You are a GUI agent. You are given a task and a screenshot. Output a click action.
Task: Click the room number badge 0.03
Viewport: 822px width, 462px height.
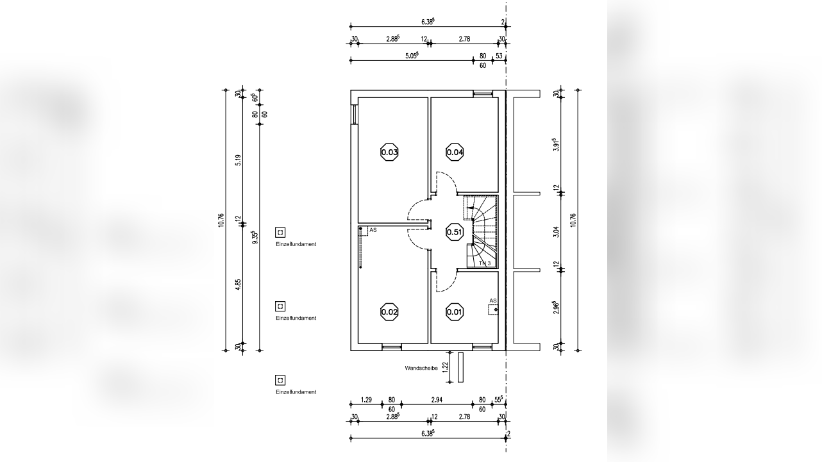click(389, 152)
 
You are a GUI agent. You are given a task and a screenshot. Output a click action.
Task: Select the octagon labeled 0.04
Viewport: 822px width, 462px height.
click(455, 152)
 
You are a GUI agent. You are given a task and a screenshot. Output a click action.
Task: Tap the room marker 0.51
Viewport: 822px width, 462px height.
click(455, 232)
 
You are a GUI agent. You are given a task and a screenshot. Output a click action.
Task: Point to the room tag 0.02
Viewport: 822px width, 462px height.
click(389, 312)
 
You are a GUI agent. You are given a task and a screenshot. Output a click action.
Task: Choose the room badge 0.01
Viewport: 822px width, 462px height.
click(455, 312)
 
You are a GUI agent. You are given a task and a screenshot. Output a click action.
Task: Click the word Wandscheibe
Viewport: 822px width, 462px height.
click(421, 368)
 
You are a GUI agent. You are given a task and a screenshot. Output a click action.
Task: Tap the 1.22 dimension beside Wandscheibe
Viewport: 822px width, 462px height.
click(446, 367)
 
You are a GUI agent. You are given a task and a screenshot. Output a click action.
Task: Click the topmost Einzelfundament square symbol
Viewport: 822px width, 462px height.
click(280, 233)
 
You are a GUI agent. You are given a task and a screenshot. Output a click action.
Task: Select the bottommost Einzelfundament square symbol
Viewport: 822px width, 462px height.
click(280, 380)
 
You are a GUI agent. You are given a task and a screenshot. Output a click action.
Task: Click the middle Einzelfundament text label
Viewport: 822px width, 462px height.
click(296, 318)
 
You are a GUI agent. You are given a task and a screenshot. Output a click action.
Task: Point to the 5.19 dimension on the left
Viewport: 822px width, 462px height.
click(238, 160)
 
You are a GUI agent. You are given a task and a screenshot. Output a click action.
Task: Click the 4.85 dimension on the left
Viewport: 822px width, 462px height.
click(238, 285)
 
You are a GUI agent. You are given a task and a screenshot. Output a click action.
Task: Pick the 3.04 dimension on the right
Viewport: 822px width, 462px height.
click(557, 232)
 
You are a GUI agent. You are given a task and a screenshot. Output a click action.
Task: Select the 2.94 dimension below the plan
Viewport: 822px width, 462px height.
click(437, 400)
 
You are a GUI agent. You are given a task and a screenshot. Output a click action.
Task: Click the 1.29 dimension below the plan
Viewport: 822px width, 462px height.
click(366, 400)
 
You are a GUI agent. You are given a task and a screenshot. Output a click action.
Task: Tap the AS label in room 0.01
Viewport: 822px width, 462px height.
click(493, 301)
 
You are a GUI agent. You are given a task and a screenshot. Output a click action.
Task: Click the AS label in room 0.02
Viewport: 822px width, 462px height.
click(373, 230)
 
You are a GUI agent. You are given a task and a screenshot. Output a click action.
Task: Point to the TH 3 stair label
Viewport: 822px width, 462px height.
click(484, 263)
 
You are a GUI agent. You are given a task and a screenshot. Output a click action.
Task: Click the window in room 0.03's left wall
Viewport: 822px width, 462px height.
click(355, 115)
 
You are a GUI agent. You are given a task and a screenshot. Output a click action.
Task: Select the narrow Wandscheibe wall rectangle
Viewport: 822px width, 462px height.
click(460, 367)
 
